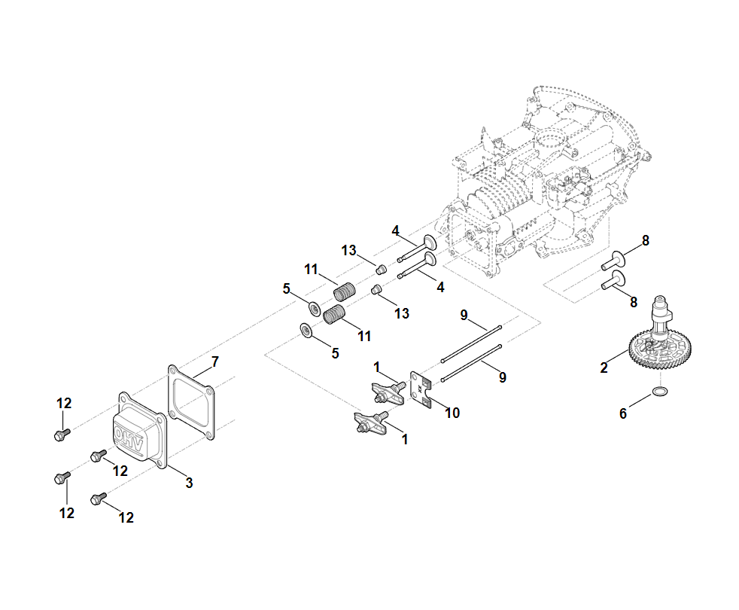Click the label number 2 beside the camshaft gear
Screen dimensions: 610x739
tap(604, 368)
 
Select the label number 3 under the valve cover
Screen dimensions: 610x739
tap(189, 483)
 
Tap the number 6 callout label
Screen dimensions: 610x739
tap(623, 413)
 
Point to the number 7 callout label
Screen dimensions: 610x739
tap(214, 362)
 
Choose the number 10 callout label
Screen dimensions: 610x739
tap(452, 413)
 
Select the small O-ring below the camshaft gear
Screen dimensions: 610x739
tap(660, 392)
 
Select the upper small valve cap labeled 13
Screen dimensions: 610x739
tap(381, 269)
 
